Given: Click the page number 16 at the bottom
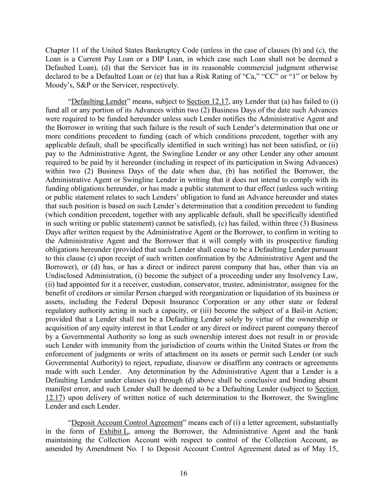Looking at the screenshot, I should [x=183, y=474].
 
